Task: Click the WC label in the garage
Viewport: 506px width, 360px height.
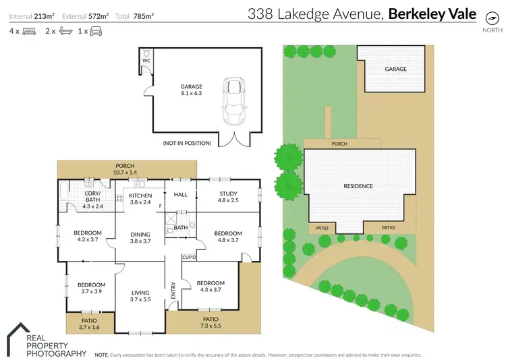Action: coord(146,60)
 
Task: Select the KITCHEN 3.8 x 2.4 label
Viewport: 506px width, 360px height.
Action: coord(141,199)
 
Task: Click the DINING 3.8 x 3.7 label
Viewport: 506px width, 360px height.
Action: coord(141,238)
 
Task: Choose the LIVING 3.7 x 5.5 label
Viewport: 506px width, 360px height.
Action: coord(142,294)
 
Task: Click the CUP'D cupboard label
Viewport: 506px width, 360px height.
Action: coord(189,258)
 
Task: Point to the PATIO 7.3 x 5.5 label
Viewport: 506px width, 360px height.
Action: coord(210,322)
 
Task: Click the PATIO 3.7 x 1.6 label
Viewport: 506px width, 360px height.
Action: coord(89,324)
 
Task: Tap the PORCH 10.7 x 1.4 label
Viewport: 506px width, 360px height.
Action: coord(125,169)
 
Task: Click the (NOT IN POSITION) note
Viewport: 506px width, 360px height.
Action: coord(187,143)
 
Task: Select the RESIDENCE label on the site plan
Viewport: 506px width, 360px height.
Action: coord(358,186)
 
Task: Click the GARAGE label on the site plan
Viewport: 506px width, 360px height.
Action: coord(395,69)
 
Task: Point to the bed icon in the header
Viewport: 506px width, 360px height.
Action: coord(29,31)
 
